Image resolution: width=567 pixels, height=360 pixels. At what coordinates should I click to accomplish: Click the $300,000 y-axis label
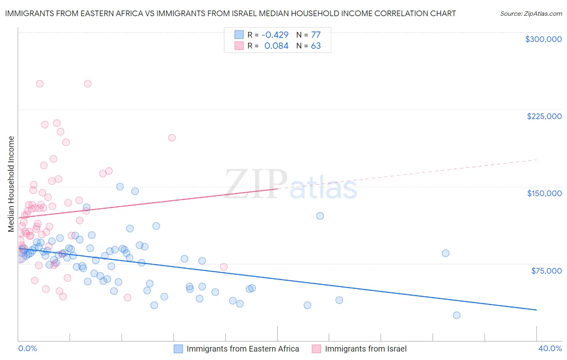click(x=543, y=39)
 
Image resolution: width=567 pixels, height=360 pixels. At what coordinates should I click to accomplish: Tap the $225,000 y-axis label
click(x=544, y=116)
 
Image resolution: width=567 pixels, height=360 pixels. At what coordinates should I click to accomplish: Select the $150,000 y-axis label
click(x=544, y=193)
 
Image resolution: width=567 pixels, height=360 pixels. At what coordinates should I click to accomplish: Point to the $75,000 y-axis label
click(x=546, y=271)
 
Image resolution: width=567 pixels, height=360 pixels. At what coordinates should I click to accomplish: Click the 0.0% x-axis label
click(x=27, y=348)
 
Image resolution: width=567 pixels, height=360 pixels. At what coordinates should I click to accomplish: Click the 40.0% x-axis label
click(x=550, y=348)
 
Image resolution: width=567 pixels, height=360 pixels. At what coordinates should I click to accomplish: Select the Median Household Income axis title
click(x=11, y=184)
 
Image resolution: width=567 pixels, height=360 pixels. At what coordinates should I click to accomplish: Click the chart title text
click(x=230, y=13)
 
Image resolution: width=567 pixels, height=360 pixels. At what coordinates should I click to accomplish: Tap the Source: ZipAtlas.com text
click(x=531, y=14)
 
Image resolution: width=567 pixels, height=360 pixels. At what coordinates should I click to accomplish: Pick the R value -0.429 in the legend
click(x=275, y=35)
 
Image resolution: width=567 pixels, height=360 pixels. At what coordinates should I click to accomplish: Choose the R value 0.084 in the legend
click(x=276, y=46)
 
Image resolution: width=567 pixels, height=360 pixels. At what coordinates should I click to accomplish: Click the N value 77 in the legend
click(x=316, y=35)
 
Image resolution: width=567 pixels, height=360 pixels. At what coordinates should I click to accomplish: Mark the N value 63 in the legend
click(x=316, y=46)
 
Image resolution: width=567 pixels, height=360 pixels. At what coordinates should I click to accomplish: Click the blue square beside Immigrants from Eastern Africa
click(x=178, y=349)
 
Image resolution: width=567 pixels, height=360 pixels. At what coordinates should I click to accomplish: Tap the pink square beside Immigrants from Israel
click(x=317, y=349)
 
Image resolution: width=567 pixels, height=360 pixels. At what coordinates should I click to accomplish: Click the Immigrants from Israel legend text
click(x=365, y=349)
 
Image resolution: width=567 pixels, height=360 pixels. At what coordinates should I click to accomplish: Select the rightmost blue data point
click(x=457, y=315)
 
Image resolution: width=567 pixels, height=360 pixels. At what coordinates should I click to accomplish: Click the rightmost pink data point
click(x=224, y=267)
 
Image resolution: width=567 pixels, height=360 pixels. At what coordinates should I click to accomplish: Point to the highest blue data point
click(x=120, y=186)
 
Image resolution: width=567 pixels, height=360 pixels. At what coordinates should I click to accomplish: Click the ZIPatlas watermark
click(x=291, y=184)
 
